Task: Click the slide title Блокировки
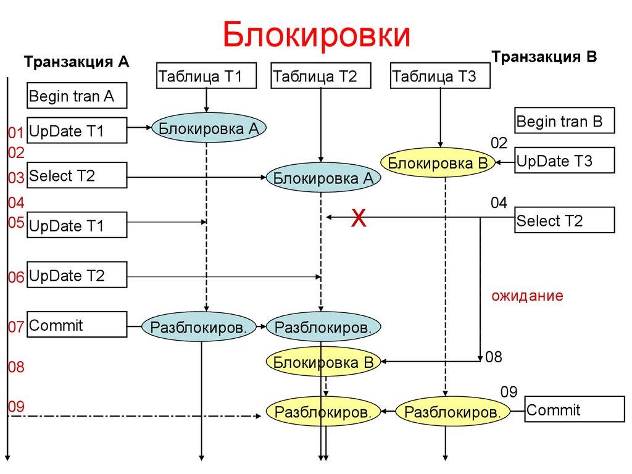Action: [x=317, y=35]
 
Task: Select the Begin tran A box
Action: [x=77, y=96]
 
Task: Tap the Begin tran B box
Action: [x=565, y=120]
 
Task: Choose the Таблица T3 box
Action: [x=440, y=77]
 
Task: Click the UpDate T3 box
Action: [x=565, y=160]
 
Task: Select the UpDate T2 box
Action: [x=77, y=275]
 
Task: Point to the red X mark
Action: [x=358, y=218]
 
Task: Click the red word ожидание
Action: [x=527, y=296]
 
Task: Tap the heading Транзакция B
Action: [x=544, y=57]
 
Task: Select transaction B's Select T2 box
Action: [x=565, y=220]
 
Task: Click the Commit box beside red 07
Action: [x=77, y=325]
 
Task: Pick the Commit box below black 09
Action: [x=573, y=410]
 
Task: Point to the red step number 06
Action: [x=15, y=278]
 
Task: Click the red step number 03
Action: [x=15, y=178]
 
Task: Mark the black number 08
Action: [x=494, y=357]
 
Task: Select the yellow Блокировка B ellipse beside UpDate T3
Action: [x=438, y=163]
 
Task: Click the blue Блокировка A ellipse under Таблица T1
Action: [x=209, y=128]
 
